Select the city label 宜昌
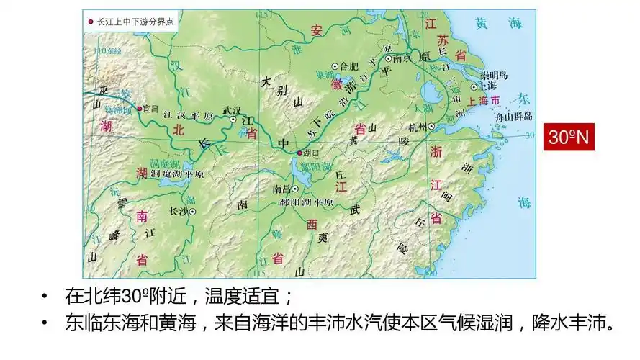tap(150, 109)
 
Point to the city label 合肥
tap(348, 66)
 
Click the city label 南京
tap(402, 58)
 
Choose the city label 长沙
tap(177, 211)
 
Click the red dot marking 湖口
tap(300, 153)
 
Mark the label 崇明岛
tap(495, 75)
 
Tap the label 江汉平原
tap(189, 115)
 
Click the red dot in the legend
tap(90, 22)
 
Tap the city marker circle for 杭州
tap(431, 126)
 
